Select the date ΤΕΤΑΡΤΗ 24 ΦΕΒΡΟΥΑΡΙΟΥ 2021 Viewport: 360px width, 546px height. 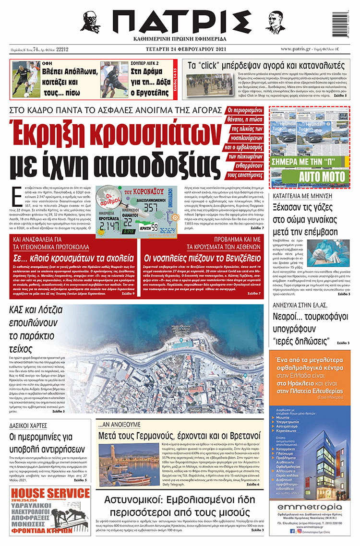179,48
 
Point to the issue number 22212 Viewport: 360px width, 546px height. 62,49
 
